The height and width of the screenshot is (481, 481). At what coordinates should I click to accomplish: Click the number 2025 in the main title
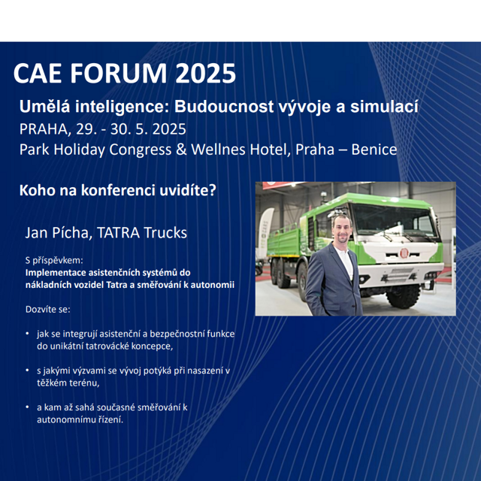(x=205, y=74)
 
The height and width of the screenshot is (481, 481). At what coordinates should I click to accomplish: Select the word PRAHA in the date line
(x=44, y=129)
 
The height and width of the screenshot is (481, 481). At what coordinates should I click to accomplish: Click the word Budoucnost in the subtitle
(x=224, y=107)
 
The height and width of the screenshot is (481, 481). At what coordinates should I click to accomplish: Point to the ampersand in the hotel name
(x=181, y=150)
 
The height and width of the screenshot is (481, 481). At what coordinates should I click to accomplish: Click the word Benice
(x=374, y=150)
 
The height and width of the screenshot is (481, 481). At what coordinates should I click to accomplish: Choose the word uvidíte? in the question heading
(x=188, y=190)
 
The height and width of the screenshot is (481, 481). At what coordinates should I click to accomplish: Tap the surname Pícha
(x=72, y=232)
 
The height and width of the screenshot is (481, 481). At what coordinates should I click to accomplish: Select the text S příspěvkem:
(x=54, y=261)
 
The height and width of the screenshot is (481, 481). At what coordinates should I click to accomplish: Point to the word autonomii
(x=213, y=285)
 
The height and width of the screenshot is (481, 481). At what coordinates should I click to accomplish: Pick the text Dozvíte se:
(x=48, y=309)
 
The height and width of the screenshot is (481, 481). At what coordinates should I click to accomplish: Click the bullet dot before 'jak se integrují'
(x=28, y=334)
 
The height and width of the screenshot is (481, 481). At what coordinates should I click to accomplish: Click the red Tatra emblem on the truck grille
(x=404, y=253)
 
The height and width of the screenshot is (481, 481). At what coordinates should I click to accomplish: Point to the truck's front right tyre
(x=403, y=296)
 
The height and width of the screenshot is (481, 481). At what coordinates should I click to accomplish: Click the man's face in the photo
(x=342, y=228)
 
